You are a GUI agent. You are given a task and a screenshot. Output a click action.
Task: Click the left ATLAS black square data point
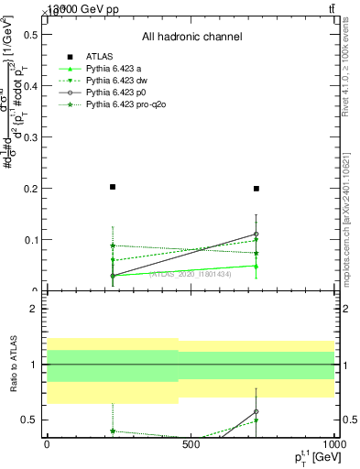tap(112, 187)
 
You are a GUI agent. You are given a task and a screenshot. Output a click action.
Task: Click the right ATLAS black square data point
tap(256, 189)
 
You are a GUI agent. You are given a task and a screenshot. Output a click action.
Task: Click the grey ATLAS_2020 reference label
tap(191, 273)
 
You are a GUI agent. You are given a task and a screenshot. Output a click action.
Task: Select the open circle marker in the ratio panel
tap(256, 411)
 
